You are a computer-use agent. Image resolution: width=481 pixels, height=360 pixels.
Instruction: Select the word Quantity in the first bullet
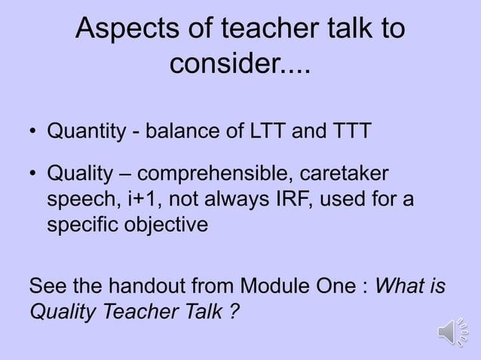click(82, 133)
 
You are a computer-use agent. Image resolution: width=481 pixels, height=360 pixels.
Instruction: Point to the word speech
click(76, 201)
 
